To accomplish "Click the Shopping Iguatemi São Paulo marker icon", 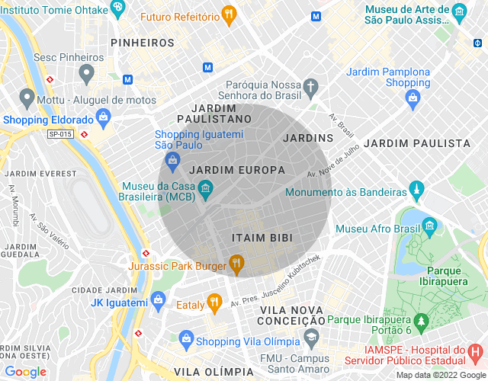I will pos(173,160).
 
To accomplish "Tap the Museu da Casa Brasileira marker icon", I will pos(205,187).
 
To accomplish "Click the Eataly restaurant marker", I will pos(215,303).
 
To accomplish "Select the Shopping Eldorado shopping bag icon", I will pos(104,118).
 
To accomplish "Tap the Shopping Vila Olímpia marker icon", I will pos(185,340).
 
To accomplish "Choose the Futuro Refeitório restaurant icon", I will pos(228,14).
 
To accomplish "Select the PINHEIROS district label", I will pos(143,43).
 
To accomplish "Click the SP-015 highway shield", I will pos(59,134).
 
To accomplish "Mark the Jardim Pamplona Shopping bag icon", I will pos(413,97).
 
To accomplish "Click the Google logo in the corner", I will pos(25,372).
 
